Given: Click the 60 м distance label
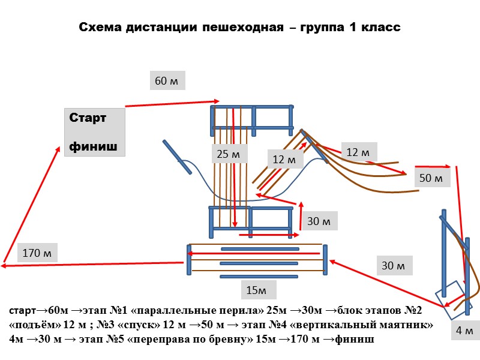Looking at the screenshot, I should (167, 81).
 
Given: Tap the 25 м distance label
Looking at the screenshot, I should (228, 154).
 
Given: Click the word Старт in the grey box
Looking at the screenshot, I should (88, 118).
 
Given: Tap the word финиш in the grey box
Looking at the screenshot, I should (94, 146).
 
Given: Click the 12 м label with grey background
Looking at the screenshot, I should (359, 152).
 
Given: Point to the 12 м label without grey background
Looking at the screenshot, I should (284, 160).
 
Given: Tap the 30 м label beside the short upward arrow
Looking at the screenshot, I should (319, 221).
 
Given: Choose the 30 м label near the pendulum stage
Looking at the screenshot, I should (393, 265).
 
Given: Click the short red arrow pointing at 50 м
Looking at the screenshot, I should (433, 166).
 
